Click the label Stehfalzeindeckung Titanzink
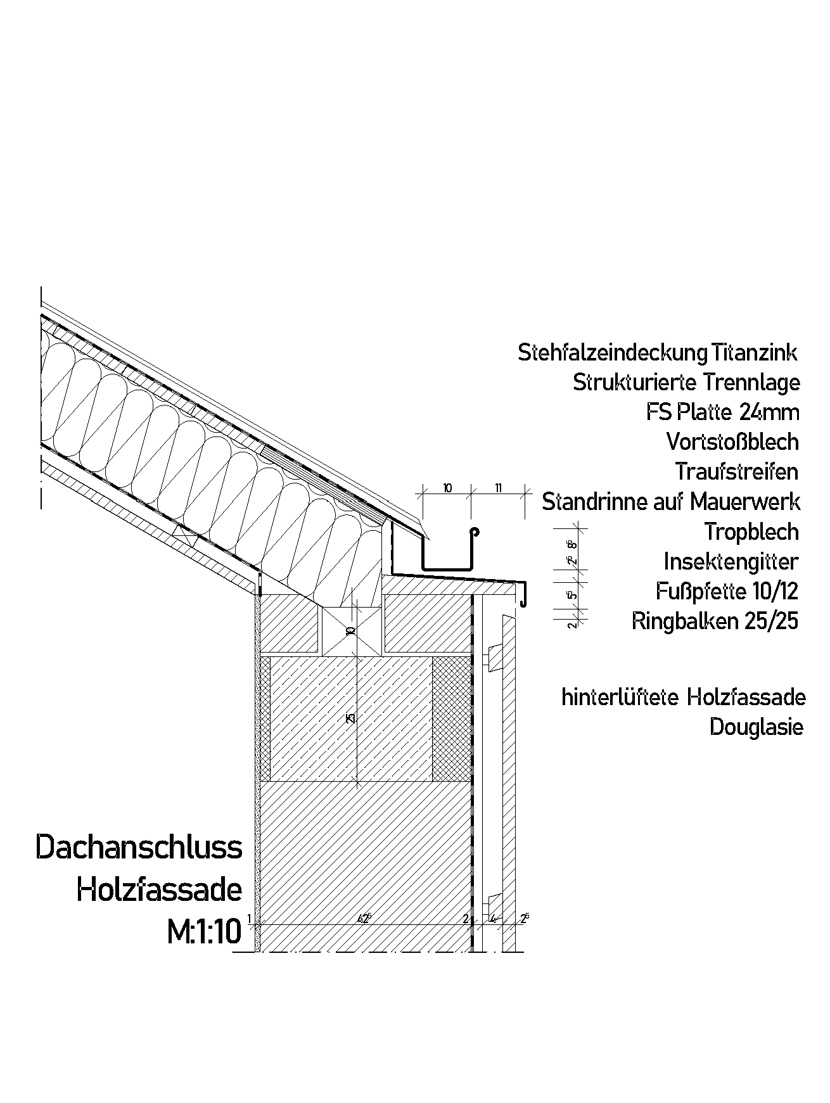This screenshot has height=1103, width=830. (657, 353)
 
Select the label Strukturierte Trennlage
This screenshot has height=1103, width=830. (686, 383)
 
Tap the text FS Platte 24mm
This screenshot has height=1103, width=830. (722, 412)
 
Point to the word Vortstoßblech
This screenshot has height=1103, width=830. (732, 442)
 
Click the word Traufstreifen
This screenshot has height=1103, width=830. (736, 471)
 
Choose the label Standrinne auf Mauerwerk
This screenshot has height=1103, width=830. (671, 502)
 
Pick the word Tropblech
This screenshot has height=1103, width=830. (751, 532)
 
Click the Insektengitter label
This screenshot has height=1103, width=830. (731, 561)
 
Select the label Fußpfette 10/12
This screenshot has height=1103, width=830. (727, 591)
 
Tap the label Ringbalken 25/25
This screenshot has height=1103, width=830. (715, 622)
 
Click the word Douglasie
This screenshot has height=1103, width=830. (756, 727)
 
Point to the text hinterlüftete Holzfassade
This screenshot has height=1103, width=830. (684, 698)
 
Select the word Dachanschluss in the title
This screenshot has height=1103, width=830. (139, 848)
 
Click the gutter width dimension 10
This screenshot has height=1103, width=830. (447, 488)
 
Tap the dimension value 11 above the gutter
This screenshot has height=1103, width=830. (498, 488)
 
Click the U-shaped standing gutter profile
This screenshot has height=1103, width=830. (447, 566)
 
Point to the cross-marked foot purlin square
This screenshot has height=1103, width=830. (351, 631)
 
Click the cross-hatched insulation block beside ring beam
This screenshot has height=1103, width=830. (452, 719)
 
